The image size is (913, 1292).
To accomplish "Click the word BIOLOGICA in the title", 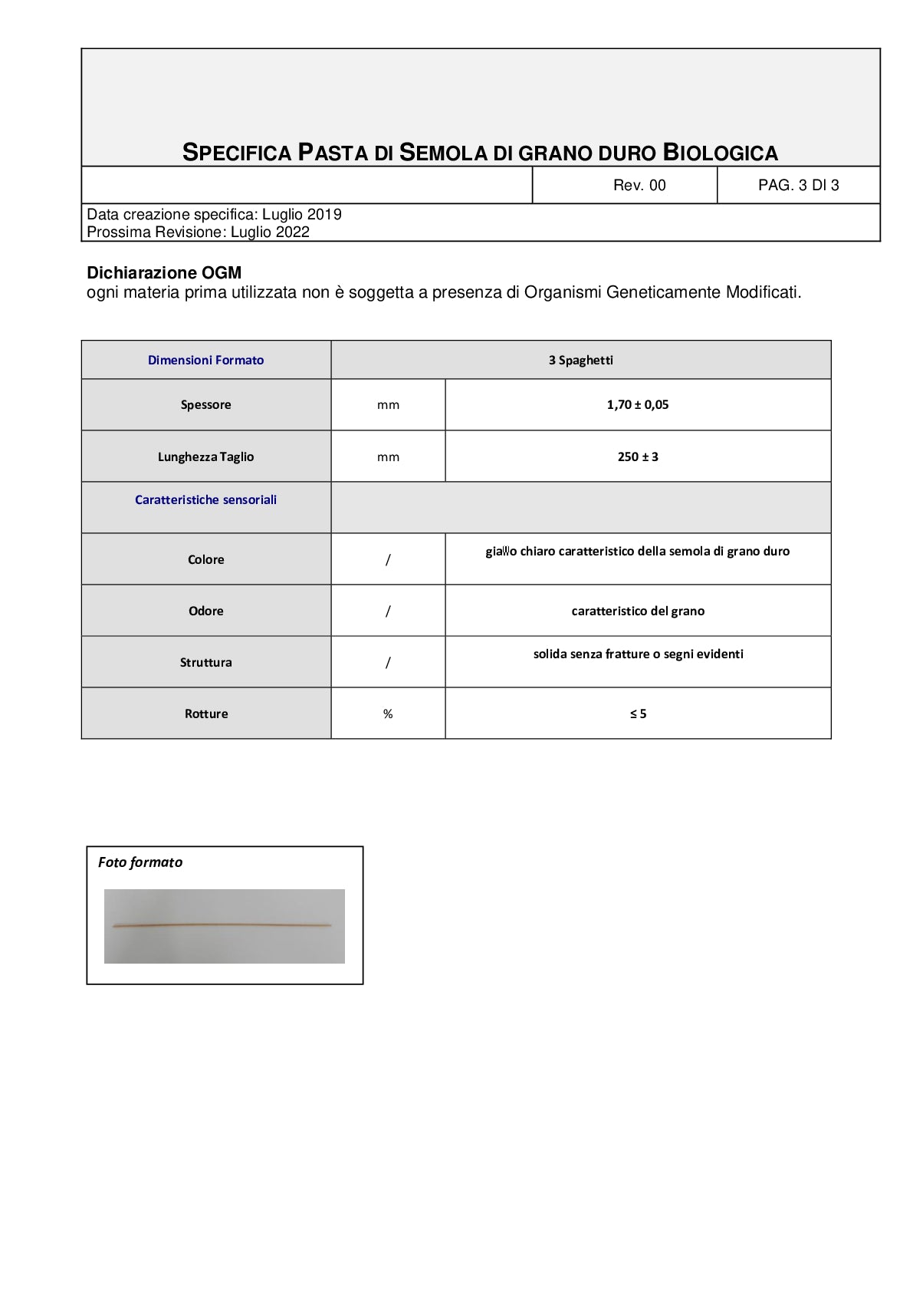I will tap(720, 153).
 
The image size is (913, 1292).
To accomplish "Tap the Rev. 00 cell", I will tap(639, 185).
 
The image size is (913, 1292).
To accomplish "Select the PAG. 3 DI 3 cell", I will tap(798, 185).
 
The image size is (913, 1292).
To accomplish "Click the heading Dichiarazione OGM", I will tap(164, 273).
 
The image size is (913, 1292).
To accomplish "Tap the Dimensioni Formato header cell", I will tap(205, 360).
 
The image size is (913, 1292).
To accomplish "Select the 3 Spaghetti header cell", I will tap(580, 360).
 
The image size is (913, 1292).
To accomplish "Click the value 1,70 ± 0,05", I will tap(637, 404).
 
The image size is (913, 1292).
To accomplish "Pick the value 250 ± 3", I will tap(637, 456).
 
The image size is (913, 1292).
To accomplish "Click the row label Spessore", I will tap(205, 404).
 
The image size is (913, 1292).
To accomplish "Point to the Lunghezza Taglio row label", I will tap(205, 456).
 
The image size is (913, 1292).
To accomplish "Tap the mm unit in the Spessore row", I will tap(388, 404).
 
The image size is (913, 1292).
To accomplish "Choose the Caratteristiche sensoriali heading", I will tap(205, 499).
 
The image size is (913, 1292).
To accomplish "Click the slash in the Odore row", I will tap(388, 611).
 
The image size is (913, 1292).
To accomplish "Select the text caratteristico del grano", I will tap(637, 611).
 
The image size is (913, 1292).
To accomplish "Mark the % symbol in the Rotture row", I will tap(388, 714).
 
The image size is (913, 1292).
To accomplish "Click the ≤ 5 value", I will tap(637, 714).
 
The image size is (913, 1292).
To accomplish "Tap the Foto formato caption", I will tap(140, 862).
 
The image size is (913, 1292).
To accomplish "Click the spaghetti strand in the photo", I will tap(222, 926).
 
